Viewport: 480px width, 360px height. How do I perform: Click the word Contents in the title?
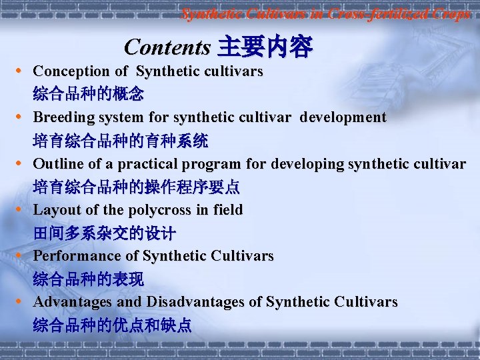tap(167, 47)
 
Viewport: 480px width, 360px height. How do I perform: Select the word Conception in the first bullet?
tap(71, 71)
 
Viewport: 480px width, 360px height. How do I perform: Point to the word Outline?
tap(58, 163)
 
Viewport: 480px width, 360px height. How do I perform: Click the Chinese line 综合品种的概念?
tap(88, 94)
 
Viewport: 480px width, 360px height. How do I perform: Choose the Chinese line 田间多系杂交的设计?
tap(104, 233)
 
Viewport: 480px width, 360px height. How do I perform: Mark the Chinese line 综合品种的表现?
tap(88, 279)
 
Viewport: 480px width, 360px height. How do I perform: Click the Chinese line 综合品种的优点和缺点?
tap(112, 325)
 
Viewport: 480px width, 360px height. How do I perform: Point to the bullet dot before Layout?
tap(23, 210)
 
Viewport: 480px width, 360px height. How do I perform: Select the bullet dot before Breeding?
tap(23, 117)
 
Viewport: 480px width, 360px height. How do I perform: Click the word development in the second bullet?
tap(343, 117)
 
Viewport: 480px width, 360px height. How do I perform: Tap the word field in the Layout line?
tap(227, 210)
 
